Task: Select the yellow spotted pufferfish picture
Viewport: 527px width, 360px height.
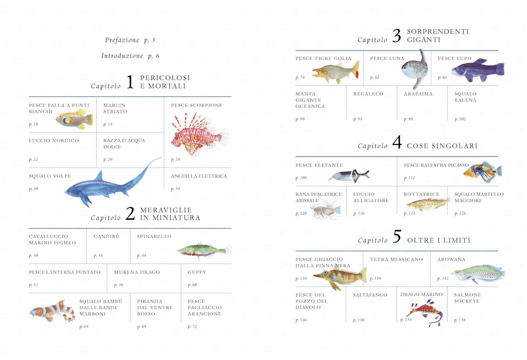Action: click(74, 119)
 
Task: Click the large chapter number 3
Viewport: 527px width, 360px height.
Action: click(397, 35)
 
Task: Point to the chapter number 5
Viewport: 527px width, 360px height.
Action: click(397, 236)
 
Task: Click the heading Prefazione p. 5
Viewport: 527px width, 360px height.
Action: click(130, 40)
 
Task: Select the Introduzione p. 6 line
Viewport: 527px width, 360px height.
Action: click(130, 56)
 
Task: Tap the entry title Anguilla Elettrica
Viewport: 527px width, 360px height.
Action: click(198, 176)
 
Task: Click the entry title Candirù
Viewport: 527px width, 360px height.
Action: click(106, 236)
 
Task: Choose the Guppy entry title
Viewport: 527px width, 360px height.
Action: click(196, 272)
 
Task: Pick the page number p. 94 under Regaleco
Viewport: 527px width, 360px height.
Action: click(358, 119)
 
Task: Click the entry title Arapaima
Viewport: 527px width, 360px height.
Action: click(418, 94)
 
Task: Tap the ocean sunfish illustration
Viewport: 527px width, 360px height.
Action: click(415, 69)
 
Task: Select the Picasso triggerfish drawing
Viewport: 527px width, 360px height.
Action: click(482, 171)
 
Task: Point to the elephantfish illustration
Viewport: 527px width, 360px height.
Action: click(349, 175)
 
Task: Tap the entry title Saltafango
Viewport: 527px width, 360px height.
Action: click(370, 295)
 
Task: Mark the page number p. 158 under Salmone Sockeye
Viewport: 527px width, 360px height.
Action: click(460, 320)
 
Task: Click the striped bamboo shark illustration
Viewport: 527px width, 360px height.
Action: click(53, 311)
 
